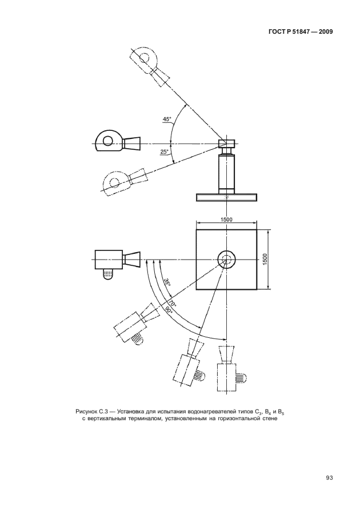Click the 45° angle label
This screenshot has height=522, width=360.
167,119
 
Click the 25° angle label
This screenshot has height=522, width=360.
165,152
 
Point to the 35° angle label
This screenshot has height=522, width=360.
167,282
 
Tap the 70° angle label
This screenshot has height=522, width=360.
173,303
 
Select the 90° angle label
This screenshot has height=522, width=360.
167,310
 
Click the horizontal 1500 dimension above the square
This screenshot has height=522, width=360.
226,220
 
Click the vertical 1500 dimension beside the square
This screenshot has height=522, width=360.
265,260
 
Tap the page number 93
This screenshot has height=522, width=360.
329,478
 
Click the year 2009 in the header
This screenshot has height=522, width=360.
325,32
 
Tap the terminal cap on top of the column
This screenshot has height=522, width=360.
226,144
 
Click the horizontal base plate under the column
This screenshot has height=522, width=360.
226,197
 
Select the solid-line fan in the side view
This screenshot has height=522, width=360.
118,142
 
